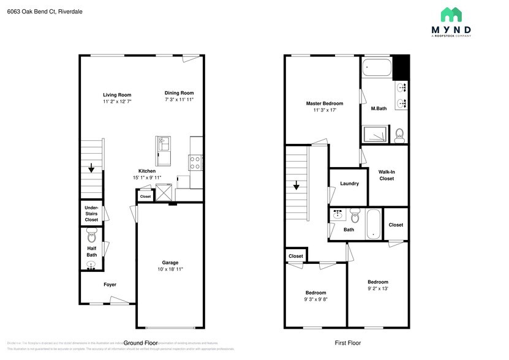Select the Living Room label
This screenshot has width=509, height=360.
[x=117, y=95]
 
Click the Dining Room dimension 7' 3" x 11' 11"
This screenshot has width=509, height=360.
[x=179, y=99]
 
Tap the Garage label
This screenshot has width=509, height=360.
[x=170, y=262]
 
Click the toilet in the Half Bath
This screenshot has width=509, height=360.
[x=92, y=235]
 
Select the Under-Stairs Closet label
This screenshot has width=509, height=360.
[x=91, y=214]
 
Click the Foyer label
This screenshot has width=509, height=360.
[x=110, y=285]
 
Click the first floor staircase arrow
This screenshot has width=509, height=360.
[x=296, y=185]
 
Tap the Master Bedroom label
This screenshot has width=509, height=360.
[x=325, y=103]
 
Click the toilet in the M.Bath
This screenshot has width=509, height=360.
[x=399, y=134]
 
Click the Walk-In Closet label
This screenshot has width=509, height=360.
[x=386, y=175]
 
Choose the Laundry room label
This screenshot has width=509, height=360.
[x=349, y=184]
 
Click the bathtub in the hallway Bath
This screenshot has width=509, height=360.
[x=373, y=225]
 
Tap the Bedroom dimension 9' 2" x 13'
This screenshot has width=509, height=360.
[x=378, y=288]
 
